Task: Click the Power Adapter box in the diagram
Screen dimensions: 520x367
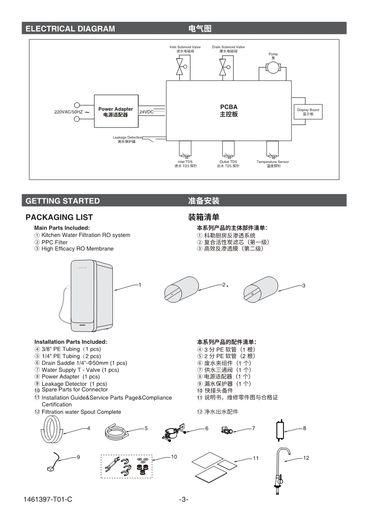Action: point(115,112)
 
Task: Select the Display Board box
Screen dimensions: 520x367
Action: point(308,112)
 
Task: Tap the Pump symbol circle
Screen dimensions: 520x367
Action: point(273,69)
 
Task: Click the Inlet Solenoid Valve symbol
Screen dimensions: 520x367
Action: point(181,66)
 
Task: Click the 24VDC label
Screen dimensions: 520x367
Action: point(146,112)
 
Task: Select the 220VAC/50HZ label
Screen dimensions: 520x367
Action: point(68,112)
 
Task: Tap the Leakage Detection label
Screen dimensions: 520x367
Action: point(127,138)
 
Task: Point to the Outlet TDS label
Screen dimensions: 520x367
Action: point(228,162)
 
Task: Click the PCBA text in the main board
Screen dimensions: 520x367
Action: point(229,107)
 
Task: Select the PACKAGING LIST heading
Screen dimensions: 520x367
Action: point(59,217)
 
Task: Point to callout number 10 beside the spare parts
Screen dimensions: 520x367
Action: point(174,457)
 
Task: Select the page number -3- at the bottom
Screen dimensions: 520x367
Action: point(183,499)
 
